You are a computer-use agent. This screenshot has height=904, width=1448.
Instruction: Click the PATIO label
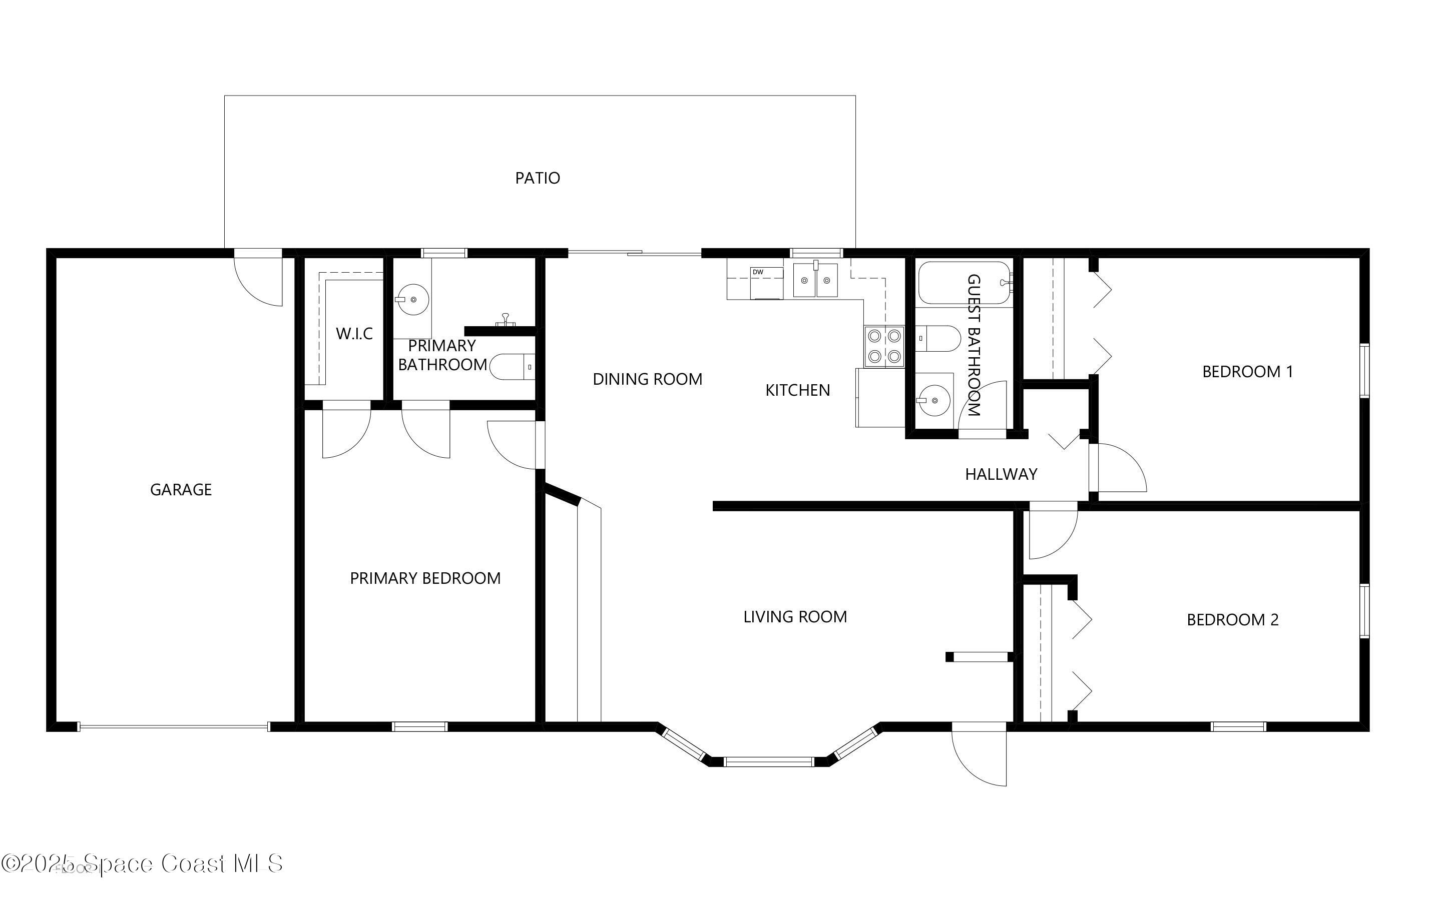pyautogui.click(x=537, y=178)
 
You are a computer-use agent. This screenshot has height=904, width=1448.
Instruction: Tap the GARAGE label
pyautogui.click(x=181, y=490)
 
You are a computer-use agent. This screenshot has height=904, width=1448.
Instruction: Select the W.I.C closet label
pyautogui.click(x=354, y=333)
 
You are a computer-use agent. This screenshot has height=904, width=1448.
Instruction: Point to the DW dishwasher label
pyautogui.click(x=758, y=272)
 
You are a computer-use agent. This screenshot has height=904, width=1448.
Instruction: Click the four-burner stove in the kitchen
pyautogui.click(x=884, y=346)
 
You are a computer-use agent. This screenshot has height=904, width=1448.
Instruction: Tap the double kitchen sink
pyautogui.click(x=815, y=280)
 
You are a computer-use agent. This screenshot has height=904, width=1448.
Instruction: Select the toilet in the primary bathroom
pyautogui.click(x=512, y=367)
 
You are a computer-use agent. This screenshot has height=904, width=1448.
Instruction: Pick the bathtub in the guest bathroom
pyautogui.click(x=964, y=283)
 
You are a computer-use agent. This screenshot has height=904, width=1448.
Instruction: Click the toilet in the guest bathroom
pyautogui.click(x=938, y=338)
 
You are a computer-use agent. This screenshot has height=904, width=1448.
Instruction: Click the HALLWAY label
pyautogui.click(x=1001, y=474)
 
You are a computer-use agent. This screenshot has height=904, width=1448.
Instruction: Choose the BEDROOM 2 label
pyautogui.click(x=1233, y=619)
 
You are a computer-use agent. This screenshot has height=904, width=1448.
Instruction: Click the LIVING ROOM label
pyautogui.click(x=795, y=616)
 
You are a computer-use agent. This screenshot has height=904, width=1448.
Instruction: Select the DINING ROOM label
pyautogui.click(x=647, y=379)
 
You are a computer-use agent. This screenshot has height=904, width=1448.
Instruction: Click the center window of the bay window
pyautogui.click(x=769, y=762)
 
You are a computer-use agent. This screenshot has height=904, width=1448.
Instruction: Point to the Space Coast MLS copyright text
pyautogui.click(x=142, y=863)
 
